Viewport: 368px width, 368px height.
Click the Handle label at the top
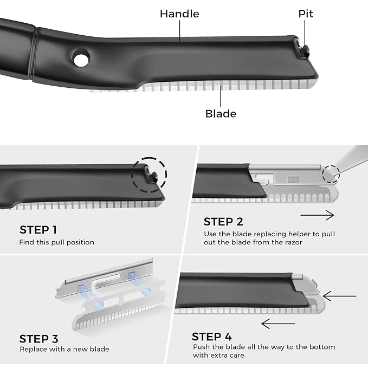179,14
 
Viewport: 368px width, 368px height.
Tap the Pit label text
306,14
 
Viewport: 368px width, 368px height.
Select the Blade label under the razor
221,113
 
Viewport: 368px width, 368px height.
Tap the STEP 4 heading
215,337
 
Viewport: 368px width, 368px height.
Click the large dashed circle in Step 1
149,176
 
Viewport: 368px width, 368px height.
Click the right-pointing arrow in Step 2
317,215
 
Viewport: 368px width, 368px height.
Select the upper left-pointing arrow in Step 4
339,296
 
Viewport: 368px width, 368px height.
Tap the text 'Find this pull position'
57,242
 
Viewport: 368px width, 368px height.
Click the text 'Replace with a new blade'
64,349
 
